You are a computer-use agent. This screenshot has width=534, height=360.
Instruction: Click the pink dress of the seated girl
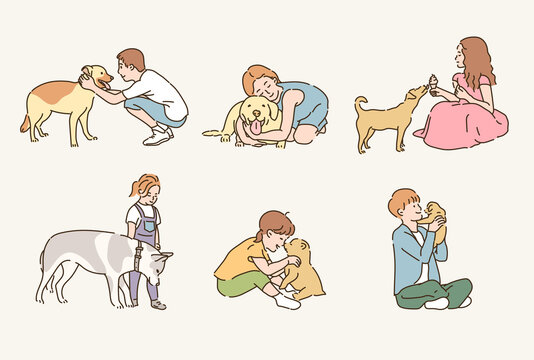coord(465,125)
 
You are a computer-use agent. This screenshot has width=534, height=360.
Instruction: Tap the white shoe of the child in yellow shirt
coord(286,299)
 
